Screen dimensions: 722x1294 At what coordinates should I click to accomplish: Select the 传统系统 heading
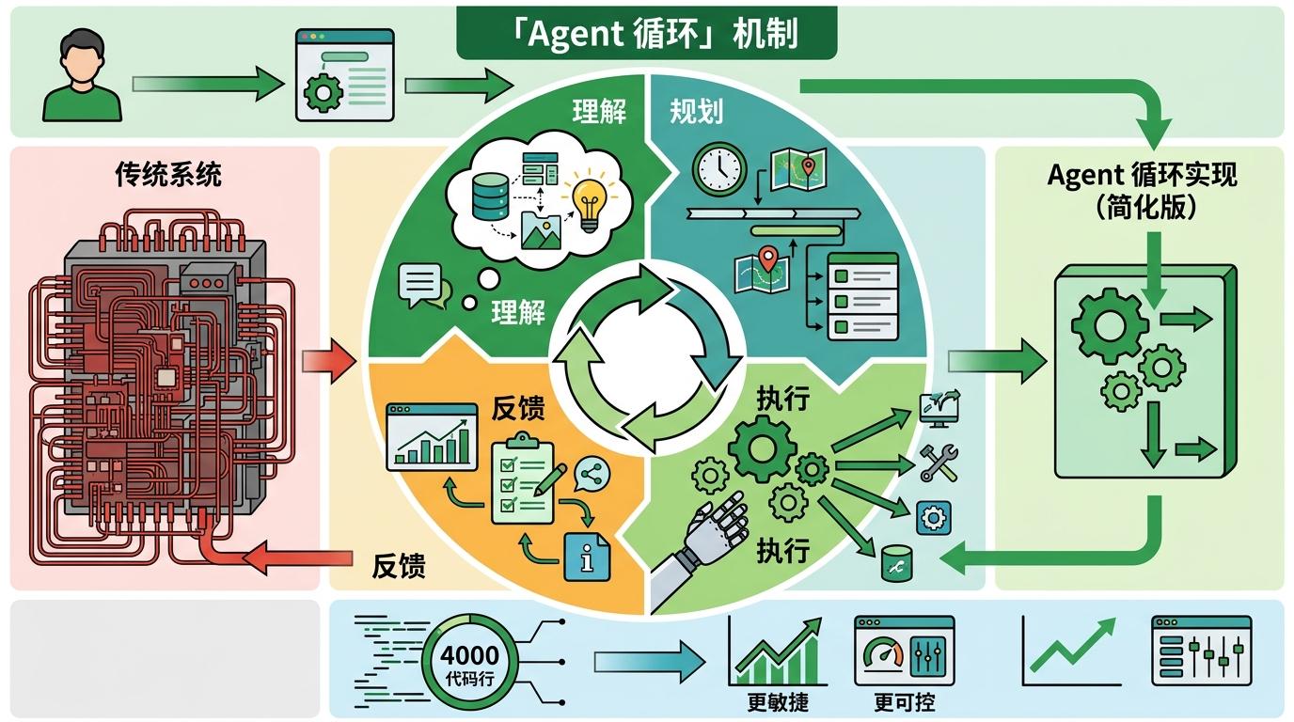168,174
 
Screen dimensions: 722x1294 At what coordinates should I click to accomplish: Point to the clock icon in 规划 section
719,170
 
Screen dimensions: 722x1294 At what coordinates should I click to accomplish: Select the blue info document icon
587,557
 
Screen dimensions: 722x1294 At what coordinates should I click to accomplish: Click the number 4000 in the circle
469,655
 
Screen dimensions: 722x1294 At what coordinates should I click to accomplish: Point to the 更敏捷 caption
778,701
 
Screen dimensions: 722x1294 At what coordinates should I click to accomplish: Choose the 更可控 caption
904,701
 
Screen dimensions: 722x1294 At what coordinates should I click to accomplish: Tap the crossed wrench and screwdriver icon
938,463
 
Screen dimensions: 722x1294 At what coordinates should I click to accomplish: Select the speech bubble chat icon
419,284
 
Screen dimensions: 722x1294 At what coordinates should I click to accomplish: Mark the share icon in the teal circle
592,474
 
